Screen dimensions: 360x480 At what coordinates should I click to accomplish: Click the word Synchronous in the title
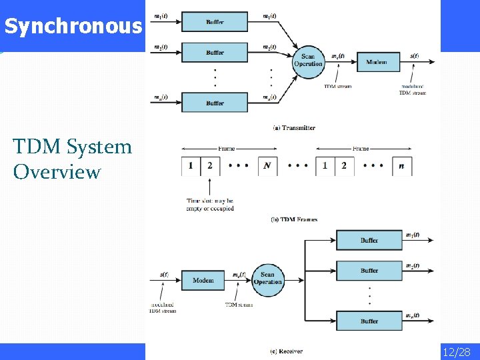point(73,27)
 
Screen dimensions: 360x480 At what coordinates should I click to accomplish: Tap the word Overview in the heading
point(57,172)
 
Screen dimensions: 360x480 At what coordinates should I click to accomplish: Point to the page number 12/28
point(456,351)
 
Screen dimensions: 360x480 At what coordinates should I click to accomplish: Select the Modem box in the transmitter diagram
point(376,62)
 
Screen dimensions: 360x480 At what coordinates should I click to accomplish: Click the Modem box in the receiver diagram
point(203,280)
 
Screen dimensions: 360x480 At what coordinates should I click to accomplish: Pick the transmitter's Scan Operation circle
point(308,61)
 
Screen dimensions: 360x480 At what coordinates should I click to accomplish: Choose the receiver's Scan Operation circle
point(267,279)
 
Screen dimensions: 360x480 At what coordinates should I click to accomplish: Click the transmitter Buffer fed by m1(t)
point(215,22)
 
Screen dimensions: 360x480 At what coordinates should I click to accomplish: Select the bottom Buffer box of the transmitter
point(215,103)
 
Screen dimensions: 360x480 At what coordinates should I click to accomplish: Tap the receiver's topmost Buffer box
point(369,240)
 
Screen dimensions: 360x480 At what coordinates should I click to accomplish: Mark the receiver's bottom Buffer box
point(369,321)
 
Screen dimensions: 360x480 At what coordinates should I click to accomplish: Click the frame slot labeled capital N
point(267,165)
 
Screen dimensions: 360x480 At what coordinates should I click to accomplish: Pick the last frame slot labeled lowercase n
point(401,165)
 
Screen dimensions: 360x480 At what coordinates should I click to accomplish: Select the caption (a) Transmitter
point(294,127)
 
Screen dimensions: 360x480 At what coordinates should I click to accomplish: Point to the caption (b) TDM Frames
point(294,219)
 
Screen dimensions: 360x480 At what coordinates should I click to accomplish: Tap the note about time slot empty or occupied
point(210,204)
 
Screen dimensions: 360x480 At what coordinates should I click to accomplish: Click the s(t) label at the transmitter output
point(415,56)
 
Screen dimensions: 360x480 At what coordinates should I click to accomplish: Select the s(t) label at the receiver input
point(164,274)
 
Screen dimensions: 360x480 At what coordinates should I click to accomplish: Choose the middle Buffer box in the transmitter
point(215,53)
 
